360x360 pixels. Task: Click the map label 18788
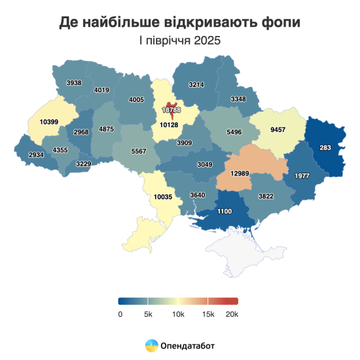pyautogui.click(x=171, y=111)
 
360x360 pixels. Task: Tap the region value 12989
pyautogui.click(x=242, y=173)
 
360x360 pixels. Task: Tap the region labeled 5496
pyautogui.click(x=234, y=132)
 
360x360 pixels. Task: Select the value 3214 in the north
pyautogui.click(x=197, y=85)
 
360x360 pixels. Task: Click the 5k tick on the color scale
pyautogui.click(x=149, y=314)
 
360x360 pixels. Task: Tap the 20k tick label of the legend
pyautogui.click(x=231, y=314)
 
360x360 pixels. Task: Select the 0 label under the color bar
pyautogui.click(x=120, y=314)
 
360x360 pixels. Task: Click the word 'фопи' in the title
pyautogui.click(x=278, y=22)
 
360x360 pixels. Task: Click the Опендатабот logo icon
pyautogui.click(x=151, y=344)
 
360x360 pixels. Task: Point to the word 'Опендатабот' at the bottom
pyautogui.click(x=187, y=345)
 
